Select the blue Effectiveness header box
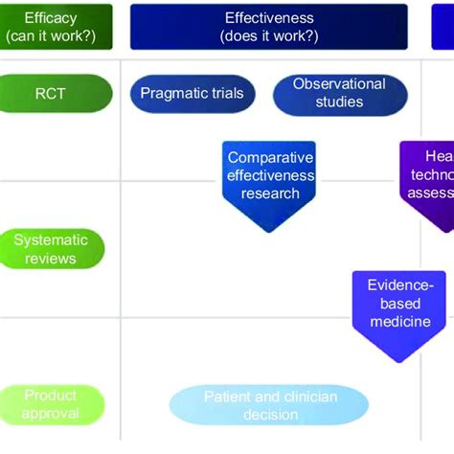coord(268,27)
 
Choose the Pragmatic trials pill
coord(192,94)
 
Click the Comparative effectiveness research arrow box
coord(270,177)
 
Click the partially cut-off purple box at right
coord(429,182)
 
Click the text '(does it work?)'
coord(268,36)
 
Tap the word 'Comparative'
coord(271,158)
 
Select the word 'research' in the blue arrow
coord(270,193)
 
